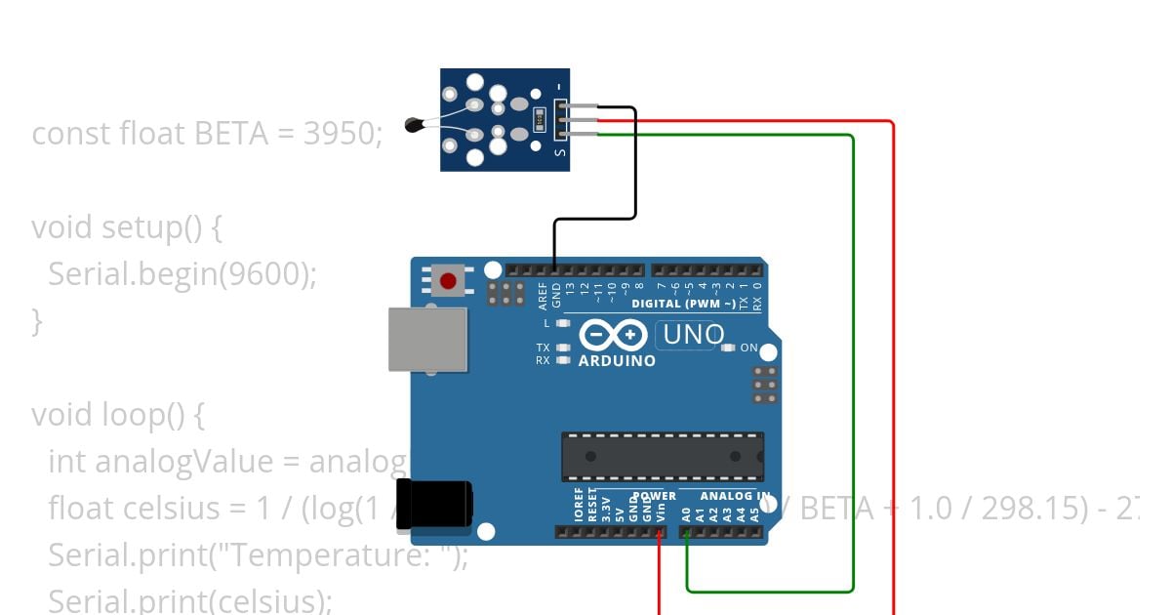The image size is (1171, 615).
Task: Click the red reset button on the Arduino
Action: point(448,282)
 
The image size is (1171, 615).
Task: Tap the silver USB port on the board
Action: point(427,339)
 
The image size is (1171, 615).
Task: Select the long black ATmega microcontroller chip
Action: point(662,457)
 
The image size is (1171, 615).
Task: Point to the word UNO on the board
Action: point(693,336)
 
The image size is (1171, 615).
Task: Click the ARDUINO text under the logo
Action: point(617,360)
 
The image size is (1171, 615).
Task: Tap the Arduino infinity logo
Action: point(614,335)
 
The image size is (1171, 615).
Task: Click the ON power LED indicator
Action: point(728,348)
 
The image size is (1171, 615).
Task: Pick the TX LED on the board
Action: point(563,348)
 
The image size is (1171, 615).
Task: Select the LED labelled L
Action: point(563,323)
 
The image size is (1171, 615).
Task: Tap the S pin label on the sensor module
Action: point(559,152)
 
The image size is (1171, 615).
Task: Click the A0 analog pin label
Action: point(686,512)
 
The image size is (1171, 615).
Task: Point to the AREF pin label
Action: point(543,296)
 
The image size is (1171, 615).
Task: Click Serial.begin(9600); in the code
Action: point(182,274)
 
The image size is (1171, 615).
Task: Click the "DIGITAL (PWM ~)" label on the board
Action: point(683,304)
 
